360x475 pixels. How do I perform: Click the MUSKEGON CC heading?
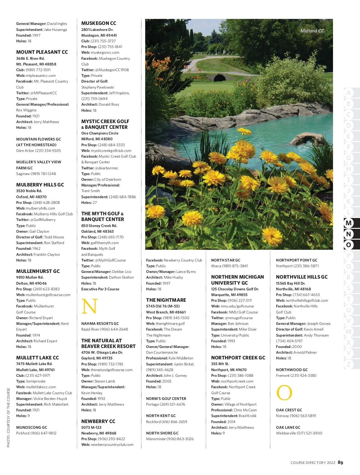pyautogui.click(x=98, y=23)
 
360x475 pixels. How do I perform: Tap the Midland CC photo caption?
pyautogui.click(x=312, y=31)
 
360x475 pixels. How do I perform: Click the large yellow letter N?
pyautogui.click(x=89, y=306)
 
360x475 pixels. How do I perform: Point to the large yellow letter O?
pyautogui.click(x=284, y=393)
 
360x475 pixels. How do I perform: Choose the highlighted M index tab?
pyautogui.click(x=349, y=223)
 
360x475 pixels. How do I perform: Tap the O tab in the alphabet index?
pyautogui.click(x=349, y=245)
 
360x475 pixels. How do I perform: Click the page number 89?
pyautogui.click(x=340, y=462)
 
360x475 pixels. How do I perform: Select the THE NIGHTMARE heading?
pyautogui.click(x=166, y=300)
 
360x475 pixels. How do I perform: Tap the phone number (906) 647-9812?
pyautogui.click(x=43, y=433)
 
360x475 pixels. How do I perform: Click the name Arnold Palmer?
pyautogui.click(x=305, y=352)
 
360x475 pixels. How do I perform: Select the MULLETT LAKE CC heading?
pyautogui.click(x=37, y=358)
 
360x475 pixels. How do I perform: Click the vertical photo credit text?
pyautogui.click(x=8, y=417)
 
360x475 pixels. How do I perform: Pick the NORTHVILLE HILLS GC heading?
pyautogui.click(x=301, y=277)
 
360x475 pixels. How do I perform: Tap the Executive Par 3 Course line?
pyautogui.click(x=100, y=289)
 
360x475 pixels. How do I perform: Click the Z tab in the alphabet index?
pyautogui.click(x=349, y=364)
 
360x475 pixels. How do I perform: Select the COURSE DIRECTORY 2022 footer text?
pyautogui.click(x=313, y=463)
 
